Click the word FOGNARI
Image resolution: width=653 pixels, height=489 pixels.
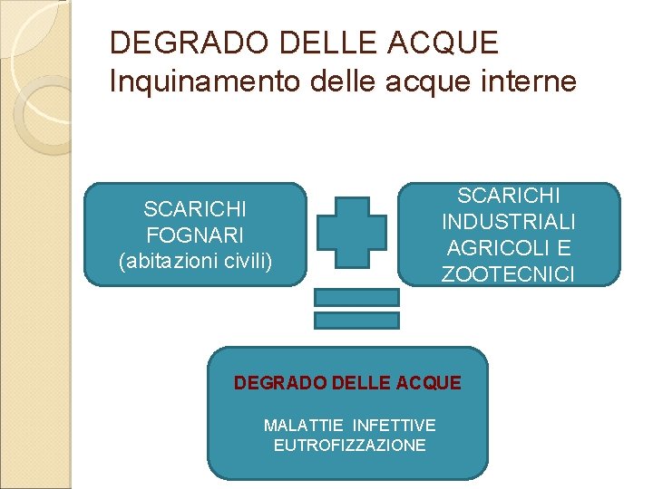click(195, 235)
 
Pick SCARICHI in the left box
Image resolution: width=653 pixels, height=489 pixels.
click(195, 210)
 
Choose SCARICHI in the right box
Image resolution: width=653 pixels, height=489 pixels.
click(509, 196)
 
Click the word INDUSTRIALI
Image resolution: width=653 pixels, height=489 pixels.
click(509, 222)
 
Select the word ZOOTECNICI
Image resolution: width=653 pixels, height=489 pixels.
click(509, 274)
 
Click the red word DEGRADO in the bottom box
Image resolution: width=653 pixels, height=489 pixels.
click(271, 383)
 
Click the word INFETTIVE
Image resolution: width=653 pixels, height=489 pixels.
click(395, 425)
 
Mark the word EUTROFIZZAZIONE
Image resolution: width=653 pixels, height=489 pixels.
click(349, 446)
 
